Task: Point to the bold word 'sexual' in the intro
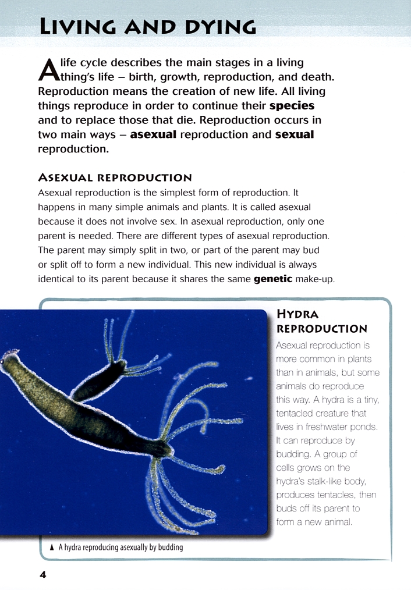point(294,135)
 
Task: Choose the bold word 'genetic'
point(273,279)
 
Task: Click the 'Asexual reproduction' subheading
point(115,177)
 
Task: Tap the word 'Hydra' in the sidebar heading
point(297,315)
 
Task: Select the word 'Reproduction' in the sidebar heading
point(322,329)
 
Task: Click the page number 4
point(42,574)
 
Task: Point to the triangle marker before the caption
point(52,548)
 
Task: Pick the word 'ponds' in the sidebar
point(364,427)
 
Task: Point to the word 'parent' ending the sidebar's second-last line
point(347,509)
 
